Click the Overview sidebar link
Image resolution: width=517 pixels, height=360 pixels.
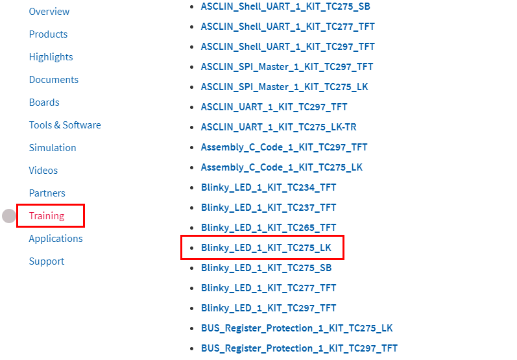(x=49, y=12)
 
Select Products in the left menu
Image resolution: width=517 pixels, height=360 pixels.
(x=48, y=34)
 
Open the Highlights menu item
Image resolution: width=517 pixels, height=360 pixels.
(x=51, y=57)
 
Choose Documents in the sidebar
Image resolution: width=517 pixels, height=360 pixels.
(x=53, y=80)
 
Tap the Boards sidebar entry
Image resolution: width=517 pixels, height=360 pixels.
(x=44, y=102)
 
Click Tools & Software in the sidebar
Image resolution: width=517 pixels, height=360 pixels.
(x=65, y=125)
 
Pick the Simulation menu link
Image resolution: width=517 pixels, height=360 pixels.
(x=53, y=148)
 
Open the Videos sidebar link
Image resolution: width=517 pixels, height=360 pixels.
(x=43, y=171)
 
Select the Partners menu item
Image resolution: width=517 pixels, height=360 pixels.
(x=47, y=193)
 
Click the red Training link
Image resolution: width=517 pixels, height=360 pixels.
(x=47, y=216)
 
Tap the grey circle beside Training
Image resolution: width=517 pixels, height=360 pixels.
(x=9, y=216)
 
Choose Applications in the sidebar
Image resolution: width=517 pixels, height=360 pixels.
(x=56, y=239)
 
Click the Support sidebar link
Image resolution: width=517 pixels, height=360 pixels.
(x=47, y=261)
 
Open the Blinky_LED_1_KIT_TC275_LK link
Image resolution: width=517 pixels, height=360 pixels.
(x=266, y=248)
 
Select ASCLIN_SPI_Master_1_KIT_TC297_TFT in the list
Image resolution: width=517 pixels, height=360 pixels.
(x=287, y=67)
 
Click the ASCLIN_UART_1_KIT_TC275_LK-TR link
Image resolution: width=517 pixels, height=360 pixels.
(x=278, y=127)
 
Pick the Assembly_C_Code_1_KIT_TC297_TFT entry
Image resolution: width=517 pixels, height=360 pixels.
(x=284, y=147)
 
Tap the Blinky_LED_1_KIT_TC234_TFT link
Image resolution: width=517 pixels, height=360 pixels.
(x=269, y=187)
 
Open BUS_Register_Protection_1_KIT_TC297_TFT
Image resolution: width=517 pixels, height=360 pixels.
(x=299, y=348)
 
